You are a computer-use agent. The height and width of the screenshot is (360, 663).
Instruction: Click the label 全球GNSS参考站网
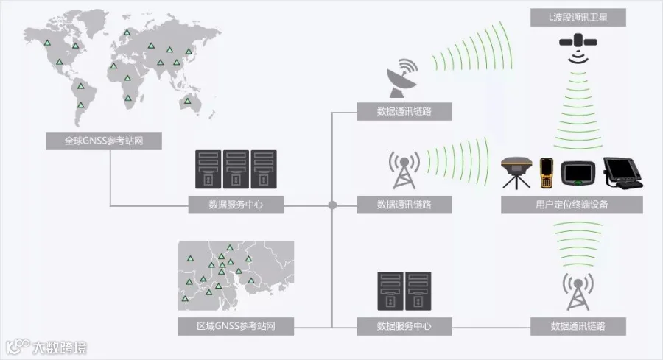click(x=104, y=141)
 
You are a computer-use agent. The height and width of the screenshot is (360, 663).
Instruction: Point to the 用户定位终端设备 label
click(x=572, y=205)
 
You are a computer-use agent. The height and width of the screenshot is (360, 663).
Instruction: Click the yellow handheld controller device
click(x=546, y=174)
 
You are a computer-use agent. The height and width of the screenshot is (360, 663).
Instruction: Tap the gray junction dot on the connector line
click(x=332, y=205)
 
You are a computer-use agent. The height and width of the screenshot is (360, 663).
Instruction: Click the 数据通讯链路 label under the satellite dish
click(x=404, y=112)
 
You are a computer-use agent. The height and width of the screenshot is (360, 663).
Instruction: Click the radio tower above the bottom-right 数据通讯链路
click(x=578, y=292)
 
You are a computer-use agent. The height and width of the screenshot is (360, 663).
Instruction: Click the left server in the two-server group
click(x=390, y=291)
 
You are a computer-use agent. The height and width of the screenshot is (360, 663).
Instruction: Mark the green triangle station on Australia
click(x=188, y=101)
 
